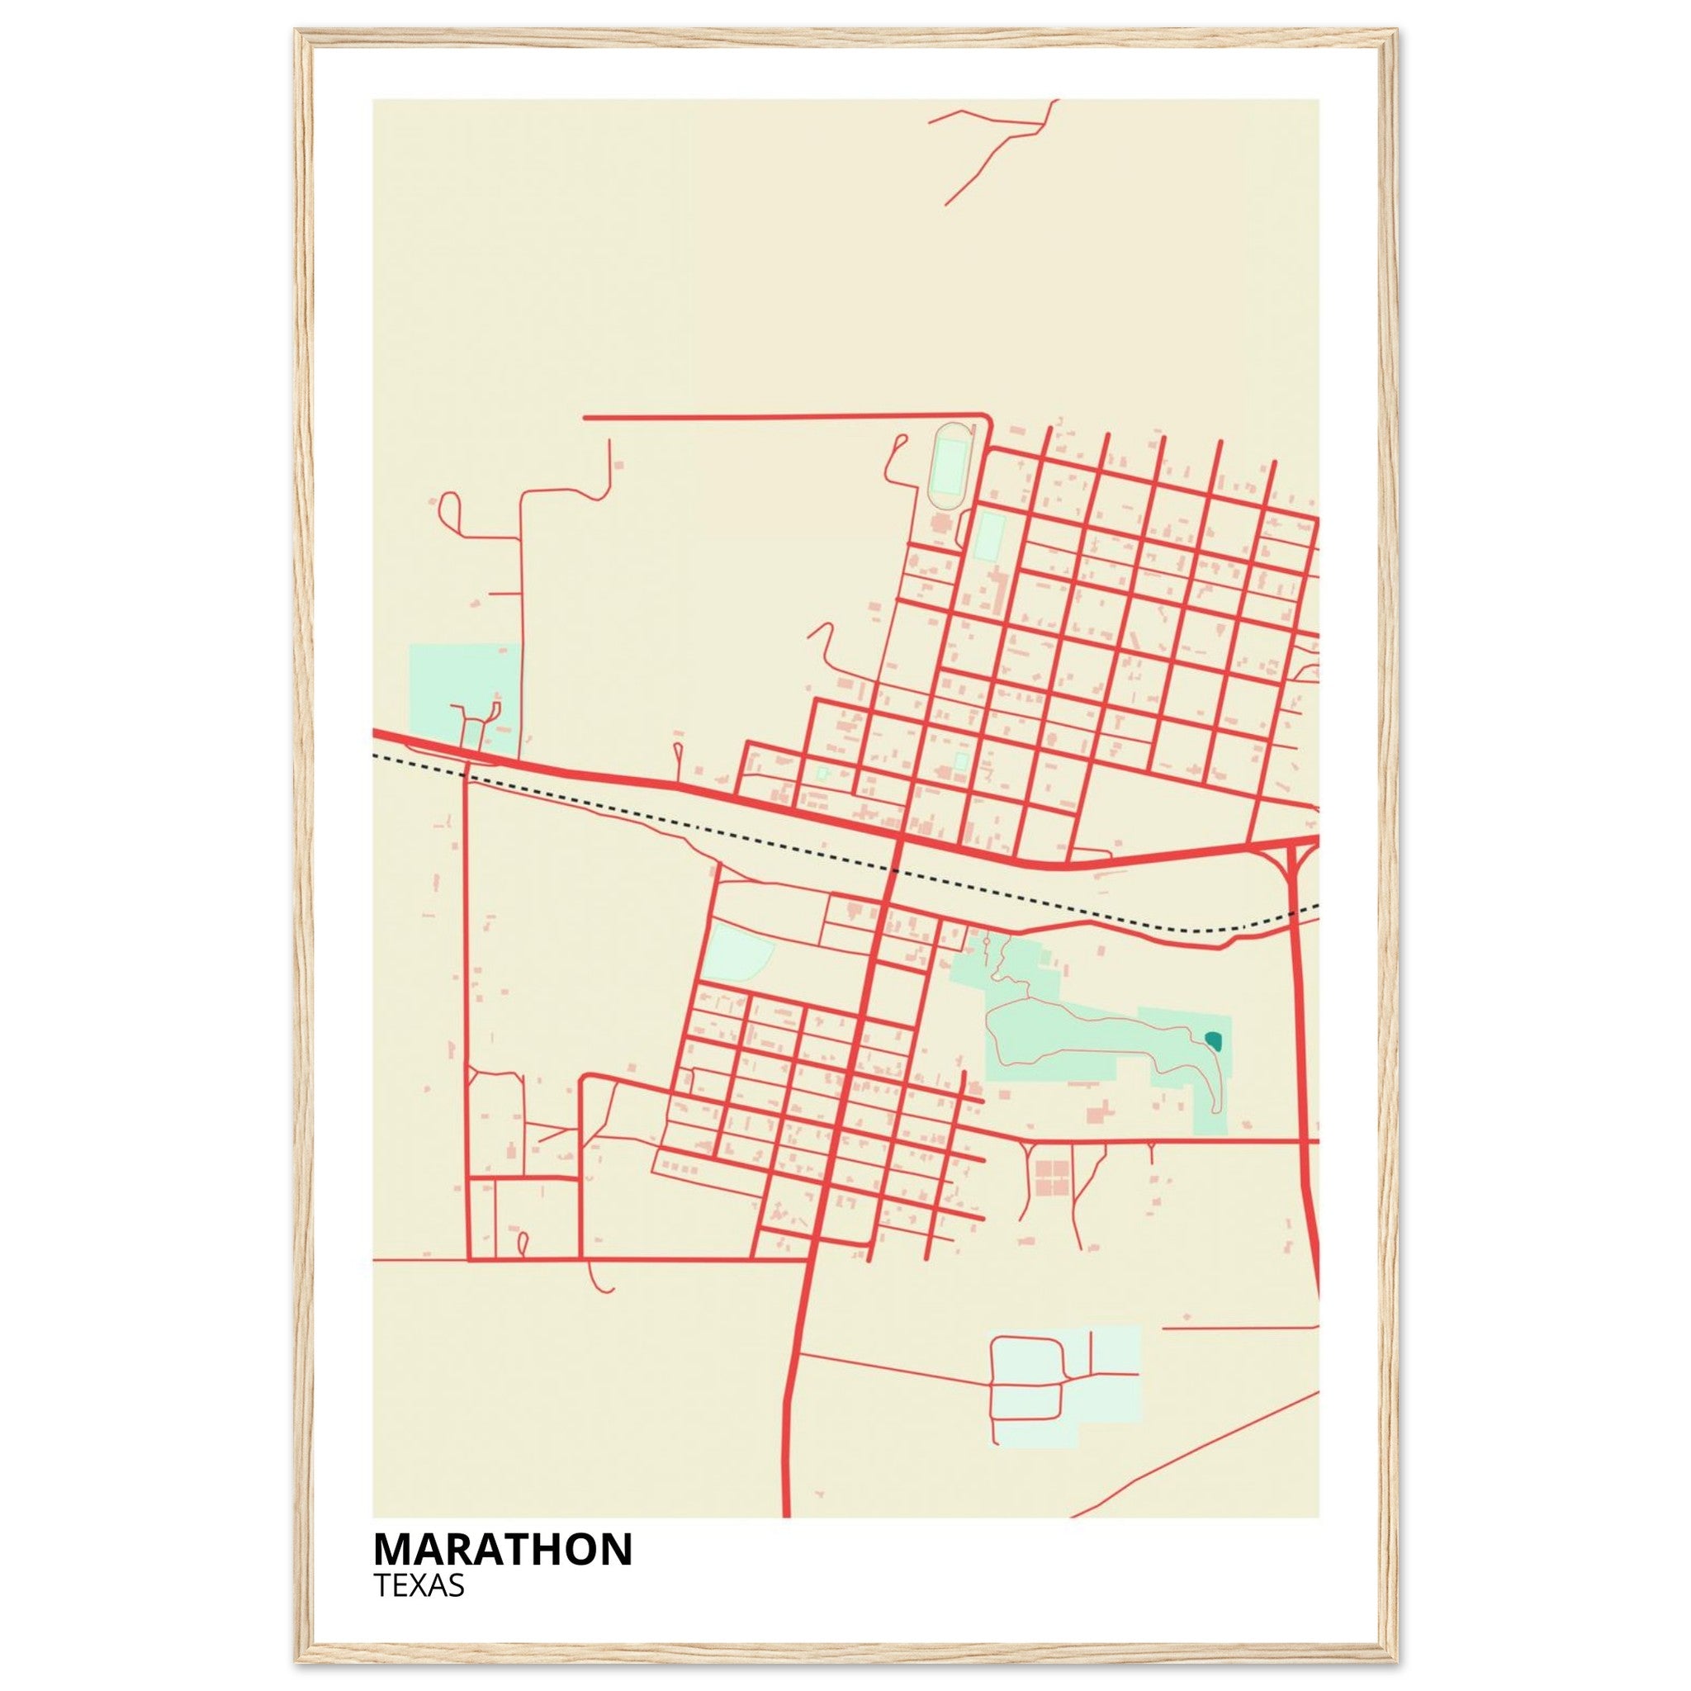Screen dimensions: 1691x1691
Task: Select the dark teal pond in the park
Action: pos(1213,1040)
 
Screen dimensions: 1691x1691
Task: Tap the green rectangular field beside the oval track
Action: pos(990,537)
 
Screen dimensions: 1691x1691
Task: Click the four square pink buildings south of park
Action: pos(1051,1177)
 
